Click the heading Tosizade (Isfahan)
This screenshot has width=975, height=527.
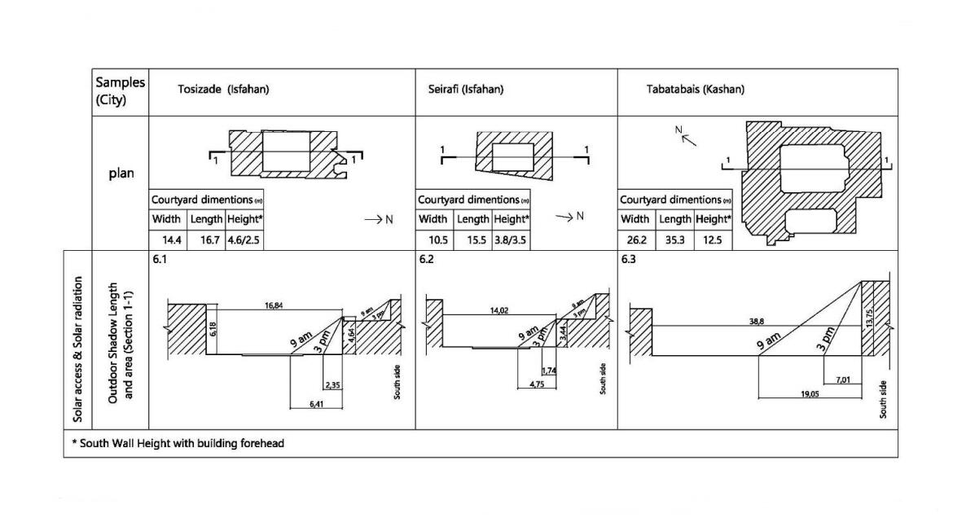(223, 89)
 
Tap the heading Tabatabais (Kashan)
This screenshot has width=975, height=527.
(695, 89)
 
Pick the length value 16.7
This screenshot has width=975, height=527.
(205, 239)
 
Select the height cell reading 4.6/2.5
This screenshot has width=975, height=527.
(244, 239)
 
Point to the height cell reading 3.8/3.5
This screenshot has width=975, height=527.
(511, 239)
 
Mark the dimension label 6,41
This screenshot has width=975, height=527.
(317, 403)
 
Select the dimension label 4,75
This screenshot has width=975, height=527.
(536, 384)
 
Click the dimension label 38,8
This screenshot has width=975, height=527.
(756, 321)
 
